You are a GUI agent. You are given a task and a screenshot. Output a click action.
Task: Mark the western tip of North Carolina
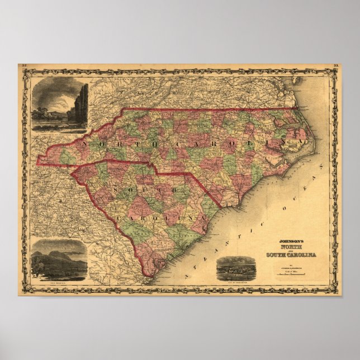(37, 164)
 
